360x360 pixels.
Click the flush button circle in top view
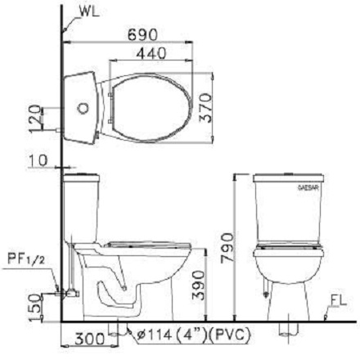82,106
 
